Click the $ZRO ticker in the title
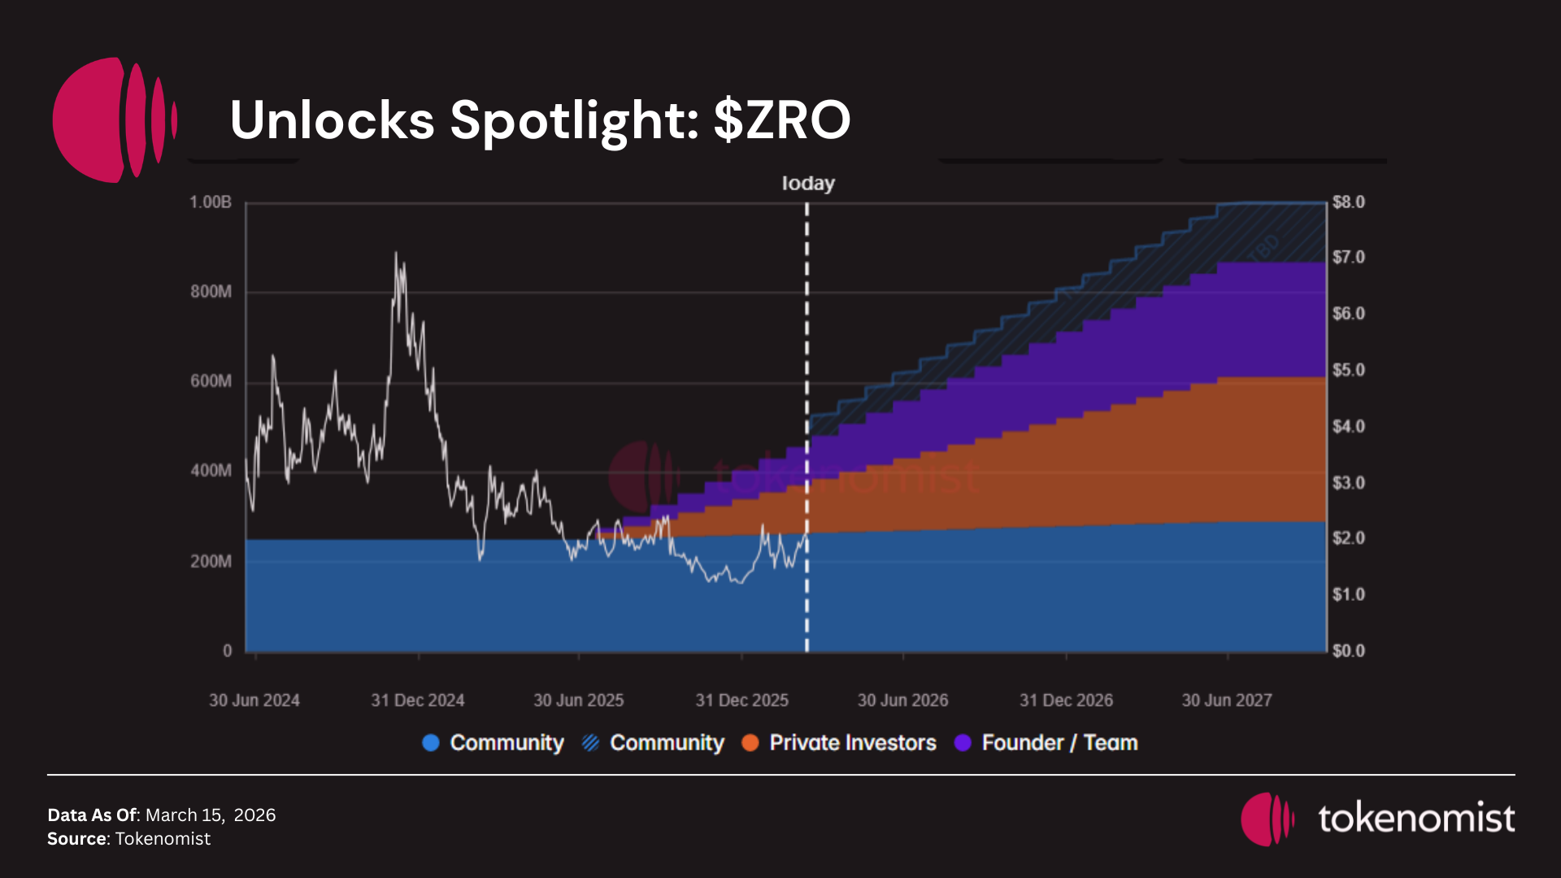pyautogui.click(x=782, y=120)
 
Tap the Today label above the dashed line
pyautogui.click(x=808, y=184)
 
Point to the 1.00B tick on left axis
pyautogui.click(x=211, y=202)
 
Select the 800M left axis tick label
pyautogui.click(x=211, y=292)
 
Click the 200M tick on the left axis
pyautogui.click(x=211, y=562)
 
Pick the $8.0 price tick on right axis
pyautogui.click(x=1348, y=202)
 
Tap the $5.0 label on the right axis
pyautogui.click(x=1348, y=371)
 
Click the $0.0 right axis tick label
pyautogui.click(x=1348, y=651)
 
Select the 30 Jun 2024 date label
pyautogui.click(x=254, y=701)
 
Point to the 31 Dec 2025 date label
pyautogui.click(x=741, y=701)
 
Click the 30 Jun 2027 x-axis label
pyautogui.click(x=1226, y=701)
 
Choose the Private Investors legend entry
pyautogui.click(x=852, y=743)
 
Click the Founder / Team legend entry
pyautogui.click(x=1059, y=743)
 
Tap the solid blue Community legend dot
pyautogui.click(x=431, y=743)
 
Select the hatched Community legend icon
pyautogui.click(x=591, y=743)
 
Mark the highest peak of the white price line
pyautogui.click(x=396, y=253)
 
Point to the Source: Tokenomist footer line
pyautogui.click(x=128, y=839)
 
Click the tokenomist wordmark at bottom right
pyautogui.click(x=1416, y=819)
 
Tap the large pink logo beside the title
pyautogui.click(x=114, y=120)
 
